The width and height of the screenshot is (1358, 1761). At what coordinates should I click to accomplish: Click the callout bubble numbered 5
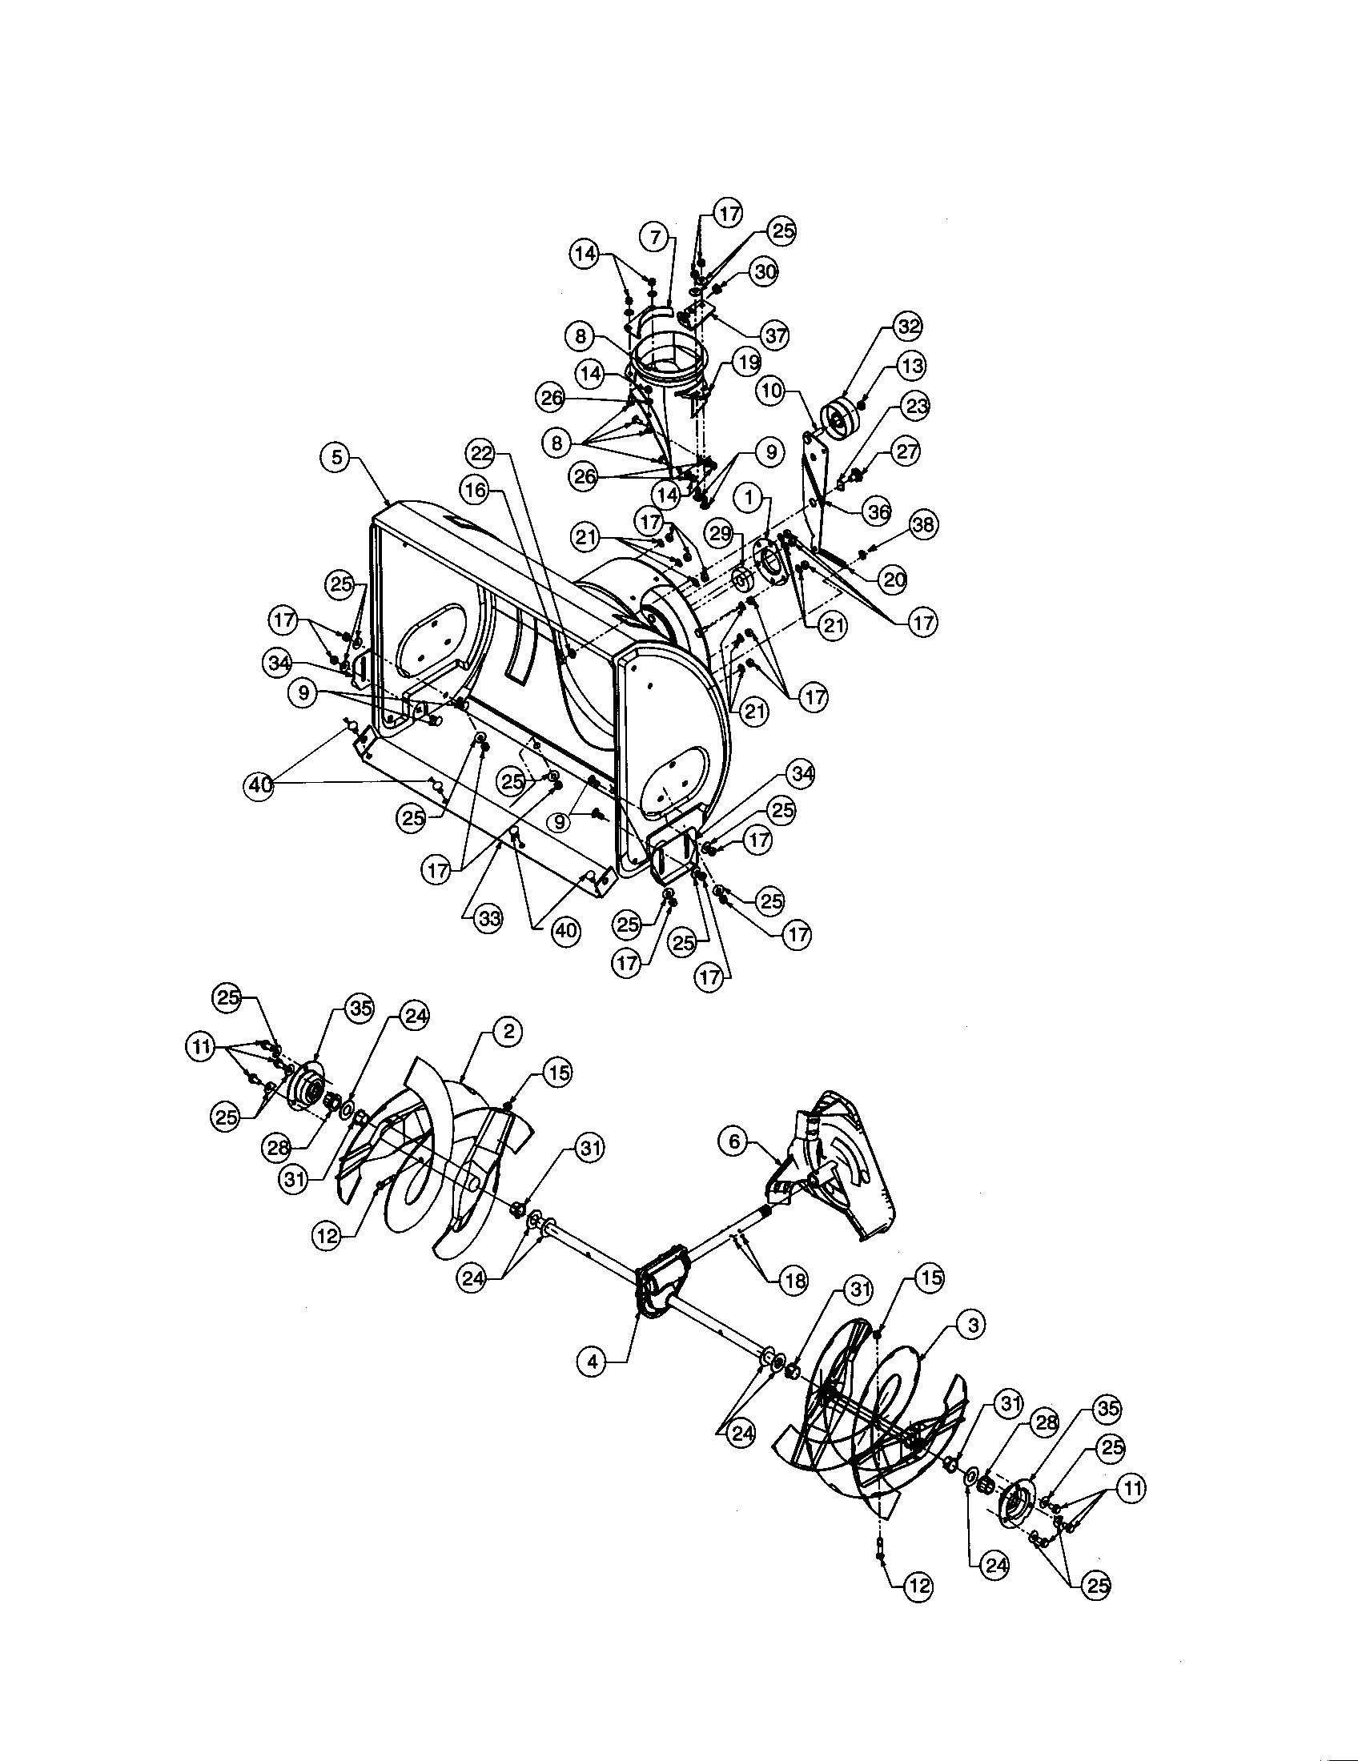coord(336,456)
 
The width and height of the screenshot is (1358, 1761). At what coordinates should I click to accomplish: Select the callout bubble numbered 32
coord(908,327)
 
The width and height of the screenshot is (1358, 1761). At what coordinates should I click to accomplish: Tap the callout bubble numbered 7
coord(656,237)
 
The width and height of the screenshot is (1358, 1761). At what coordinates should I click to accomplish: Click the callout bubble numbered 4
coord(593,1362)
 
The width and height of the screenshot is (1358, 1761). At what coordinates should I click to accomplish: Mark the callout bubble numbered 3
coord(973,1324)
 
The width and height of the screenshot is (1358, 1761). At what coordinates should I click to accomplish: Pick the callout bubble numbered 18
coord(794,1282)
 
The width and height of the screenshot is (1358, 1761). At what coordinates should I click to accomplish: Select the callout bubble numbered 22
coord(482,453)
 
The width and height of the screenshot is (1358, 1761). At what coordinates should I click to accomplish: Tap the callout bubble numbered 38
coord(922,525)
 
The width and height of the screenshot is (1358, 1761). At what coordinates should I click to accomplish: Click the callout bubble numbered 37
coord(775,335)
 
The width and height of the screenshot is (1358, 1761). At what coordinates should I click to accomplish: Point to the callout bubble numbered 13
coord(911,365)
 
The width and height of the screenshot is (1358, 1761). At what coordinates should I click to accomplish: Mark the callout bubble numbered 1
coord(752,499)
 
